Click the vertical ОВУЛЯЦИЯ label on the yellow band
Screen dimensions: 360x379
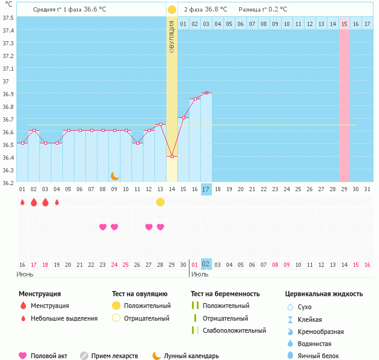coord(172,37)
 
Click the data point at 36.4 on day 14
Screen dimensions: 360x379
coord(172,156)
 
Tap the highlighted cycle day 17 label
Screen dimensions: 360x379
coord(206,189)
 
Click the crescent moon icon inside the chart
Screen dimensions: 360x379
coord(114,175)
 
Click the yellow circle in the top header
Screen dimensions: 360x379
coord(172,10)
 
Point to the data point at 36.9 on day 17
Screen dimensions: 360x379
coord(206,93)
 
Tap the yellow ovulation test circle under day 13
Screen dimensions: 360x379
coord(160,202)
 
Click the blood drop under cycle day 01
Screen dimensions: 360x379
coord(22,202)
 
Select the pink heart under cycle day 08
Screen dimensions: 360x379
coord(103,227)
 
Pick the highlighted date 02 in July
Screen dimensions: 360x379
coord(206,264)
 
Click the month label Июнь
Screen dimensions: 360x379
coord(25,274)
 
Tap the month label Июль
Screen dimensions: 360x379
coord(200,274)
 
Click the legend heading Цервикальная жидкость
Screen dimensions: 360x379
coord(324,293)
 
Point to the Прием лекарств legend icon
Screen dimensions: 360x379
coord(84,356)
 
